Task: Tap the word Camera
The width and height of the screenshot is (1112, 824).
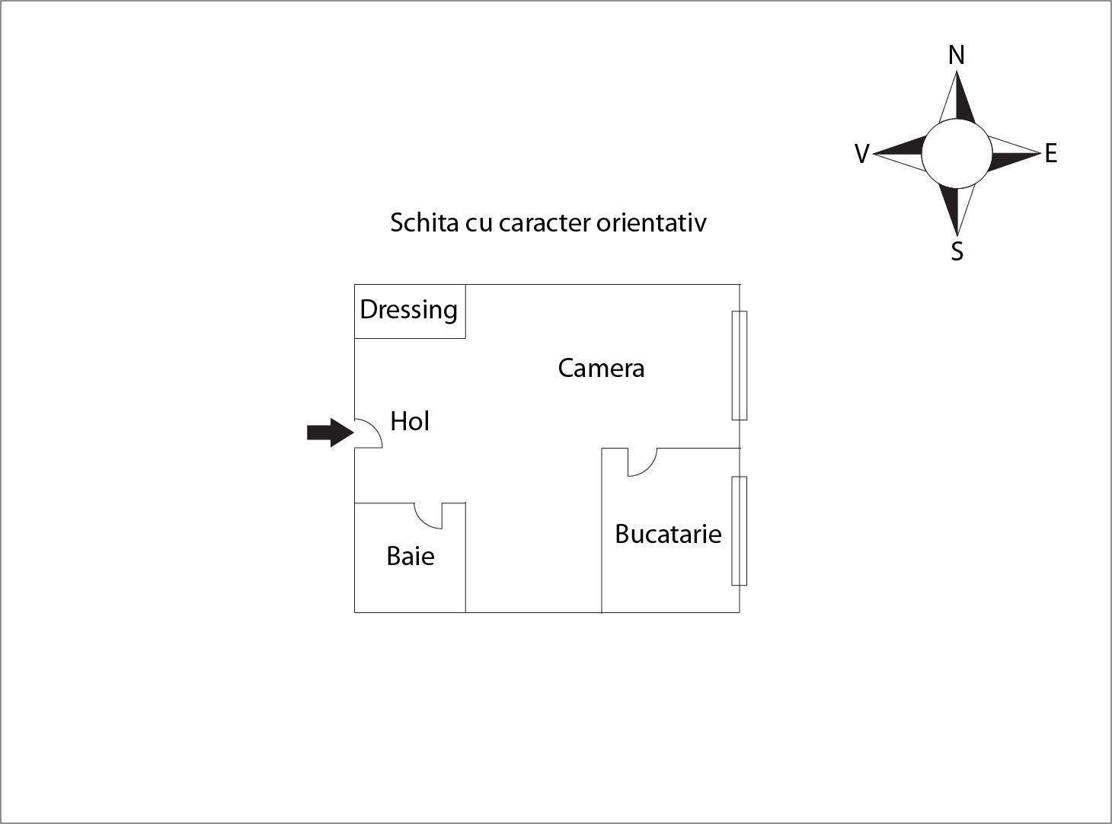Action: (x=601, y=368)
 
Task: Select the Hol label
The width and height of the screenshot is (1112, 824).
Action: (x=410, y=421)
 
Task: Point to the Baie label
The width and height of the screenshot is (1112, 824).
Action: (x=410, y=556)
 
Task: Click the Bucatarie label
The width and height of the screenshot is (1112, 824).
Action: (x=668, y=534)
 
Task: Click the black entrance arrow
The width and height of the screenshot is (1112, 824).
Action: (x=331, y=433)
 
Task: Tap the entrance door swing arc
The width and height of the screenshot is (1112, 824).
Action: (x=369, y=433)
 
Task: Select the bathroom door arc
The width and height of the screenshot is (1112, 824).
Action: (x=428, y=516)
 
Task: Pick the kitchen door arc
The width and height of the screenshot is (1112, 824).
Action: (x=642, y=462)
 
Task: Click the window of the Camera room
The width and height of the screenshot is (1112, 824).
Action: (x=740, y=365)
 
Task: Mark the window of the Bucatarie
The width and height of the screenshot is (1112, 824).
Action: (x=740, y=531)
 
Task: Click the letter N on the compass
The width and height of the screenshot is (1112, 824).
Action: (x=957, y=55)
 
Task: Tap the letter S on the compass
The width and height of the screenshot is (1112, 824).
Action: (x=957, y=251)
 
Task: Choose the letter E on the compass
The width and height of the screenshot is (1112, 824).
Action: (x=1051, y=153)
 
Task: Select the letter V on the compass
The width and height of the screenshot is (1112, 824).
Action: (x=862, y=154)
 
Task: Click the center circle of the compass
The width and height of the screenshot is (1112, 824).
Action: (x=957, y=154)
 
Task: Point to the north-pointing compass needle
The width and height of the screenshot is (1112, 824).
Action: (x=957, y=97)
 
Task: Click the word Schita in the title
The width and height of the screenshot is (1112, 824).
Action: (x=425, y=222)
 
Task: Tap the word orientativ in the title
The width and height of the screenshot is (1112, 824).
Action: (x=651, y=222)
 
